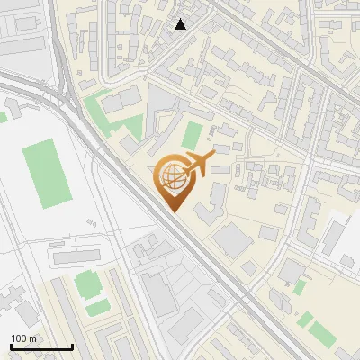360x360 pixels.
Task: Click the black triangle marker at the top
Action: (181, 24)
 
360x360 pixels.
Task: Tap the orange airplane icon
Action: (199, 164)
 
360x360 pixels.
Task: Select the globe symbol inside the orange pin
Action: (171, 177)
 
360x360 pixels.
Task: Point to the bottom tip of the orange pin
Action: (173, 211)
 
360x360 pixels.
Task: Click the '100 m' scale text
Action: (24, 338)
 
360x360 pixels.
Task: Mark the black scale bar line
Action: (41, 346)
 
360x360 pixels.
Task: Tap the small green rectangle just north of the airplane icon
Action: (192, 136)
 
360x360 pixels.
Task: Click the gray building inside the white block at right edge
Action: (332, 238)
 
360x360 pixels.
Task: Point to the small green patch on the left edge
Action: (3, 116)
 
